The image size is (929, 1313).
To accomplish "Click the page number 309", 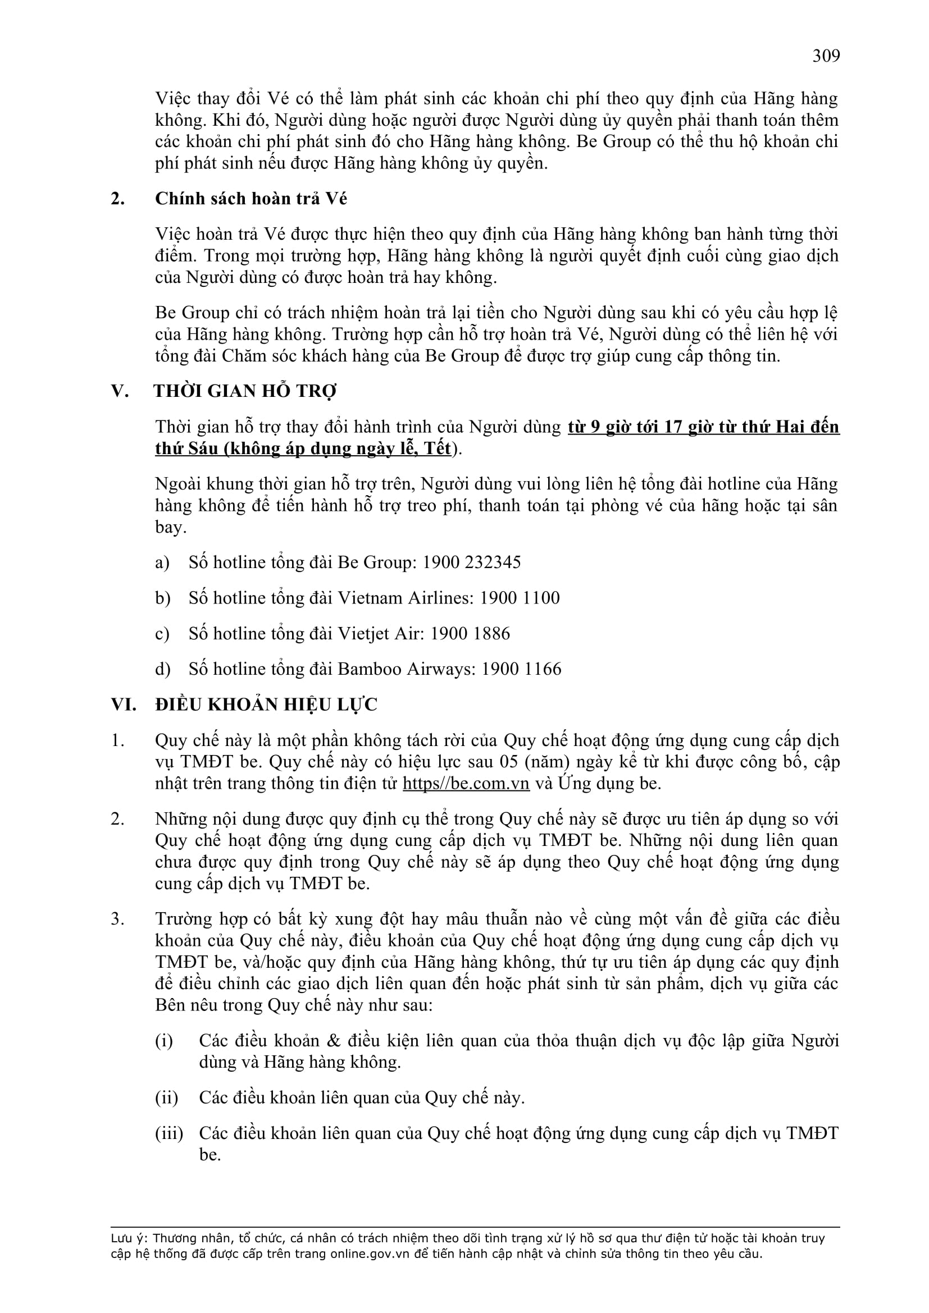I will tap(826, 56).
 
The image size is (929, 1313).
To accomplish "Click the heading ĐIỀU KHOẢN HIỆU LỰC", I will tap(266, 704).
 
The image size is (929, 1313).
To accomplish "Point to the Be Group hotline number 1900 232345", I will tap(471, 562).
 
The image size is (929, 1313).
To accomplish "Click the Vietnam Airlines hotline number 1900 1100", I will tap(520, 598).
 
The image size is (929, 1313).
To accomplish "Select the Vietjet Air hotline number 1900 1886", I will tap(470, 633).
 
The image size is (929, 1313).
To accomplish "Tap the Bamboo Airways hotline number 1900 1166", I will tap(521, 669).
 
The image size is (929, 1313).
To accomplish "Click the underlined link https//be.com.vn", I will tap(466, 783).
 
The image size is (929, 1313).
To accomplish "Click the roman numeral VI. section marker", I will tap(124, 704).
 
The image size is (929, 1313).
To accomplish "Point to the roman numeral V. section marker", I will tap(120, 391).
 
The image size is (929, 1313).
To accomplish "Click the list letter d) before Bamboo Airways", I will tap(162, 669).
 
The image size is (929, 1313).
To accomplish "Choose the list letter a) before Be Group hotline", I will tap(162, 562).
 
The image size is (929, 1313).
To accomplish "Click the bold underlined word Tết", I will tap(436, 449).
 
